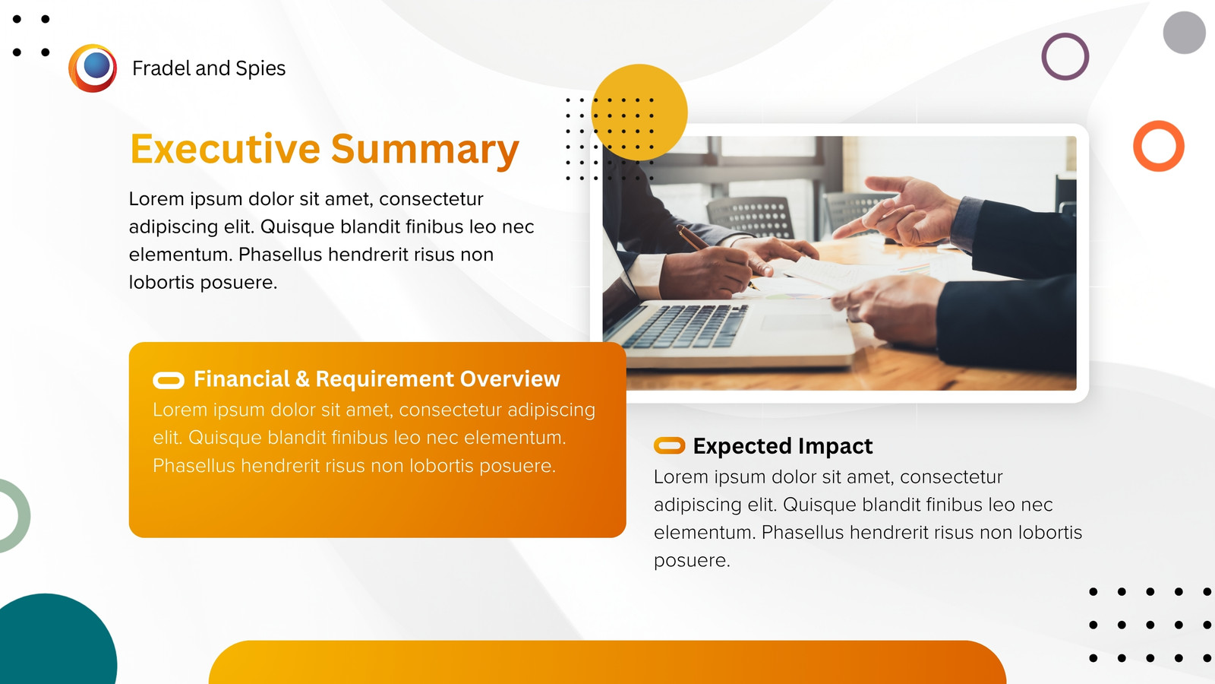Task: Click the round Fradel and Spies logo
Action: coord(93,68)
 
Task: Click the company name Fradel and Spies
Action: coord(209,68)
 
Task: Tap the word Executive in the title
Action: coord(226,148)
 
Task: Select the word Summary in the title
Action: coord(425,150)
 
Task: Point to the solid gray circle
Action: coord(1184,33)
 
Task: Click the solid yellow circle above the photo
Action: coord(639,112)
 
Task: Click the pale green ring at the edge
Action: coord(24,516)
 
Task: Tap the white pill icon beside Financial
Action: coord(169,381)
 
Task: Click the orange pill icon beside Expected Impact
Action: coord(669,445)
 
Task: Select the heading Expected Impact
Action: coord(783,446)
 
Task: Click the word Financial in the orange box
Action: coord(242,379)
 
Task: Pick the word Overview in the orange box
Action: coord(510,379)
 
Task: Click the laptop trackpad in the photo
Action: coord(797,322)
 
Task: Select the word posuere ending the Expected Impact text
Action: coord(692,561)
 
